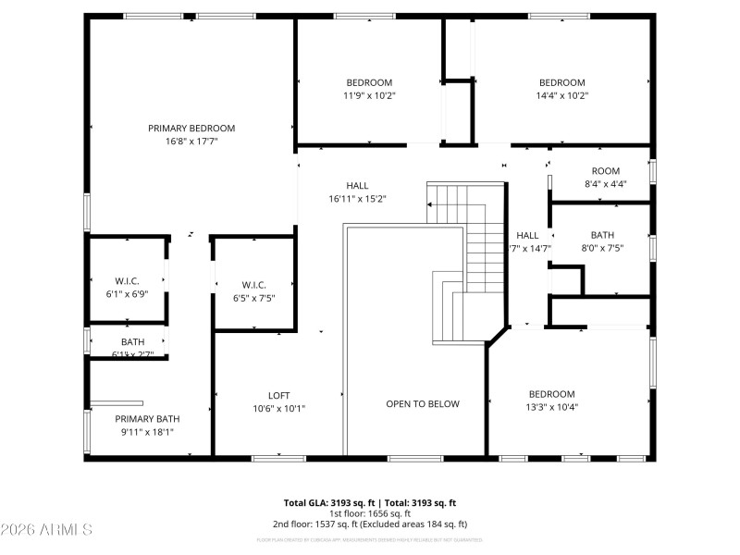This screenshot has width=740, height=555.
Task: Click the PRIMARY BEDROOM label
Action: point(191,129)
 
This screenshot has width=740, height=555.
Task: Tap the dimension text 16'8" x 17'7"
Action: point(191,142)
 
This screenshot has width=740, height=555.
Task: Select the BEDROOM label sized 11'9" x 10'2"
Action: point(369,82)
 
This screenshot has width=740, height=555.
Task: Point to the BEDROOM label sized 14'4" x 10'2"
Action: point(561,82)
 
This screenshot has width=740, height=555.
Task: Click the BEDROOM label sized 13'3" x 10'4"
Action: point(551,393)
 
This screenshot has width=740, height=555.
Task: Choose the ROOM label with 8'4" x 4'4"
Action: point(606,171)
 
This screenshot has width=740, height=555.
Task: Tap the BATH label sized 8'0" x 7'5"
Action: point(602,235)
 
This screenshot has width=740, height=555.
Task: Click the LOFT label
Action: point(278,396)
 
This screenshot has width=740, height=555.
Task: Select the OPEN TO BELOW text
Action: point(422,404)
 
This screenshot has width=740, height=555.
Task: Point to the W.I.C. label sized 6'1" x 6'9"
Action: point(126,281)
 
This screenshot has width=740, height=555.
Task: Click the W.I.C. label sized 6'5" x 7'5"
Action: point(253,285)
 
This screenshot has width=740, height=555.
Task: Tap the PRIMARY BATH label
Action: point(147,419)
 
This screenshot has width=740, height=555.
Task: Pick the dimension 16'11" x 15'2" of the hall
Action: point(357,198)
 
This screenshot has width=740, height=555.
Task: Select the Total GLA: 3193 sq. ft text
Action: point(326,503)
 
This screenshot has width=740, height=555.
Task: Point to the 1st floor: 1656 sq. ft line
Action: point(370,513)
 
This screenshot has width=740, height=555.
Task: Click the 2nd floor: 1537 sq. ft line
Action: point(370,524)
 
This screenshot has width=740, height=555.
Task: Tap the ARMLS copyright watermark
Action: point(46,530)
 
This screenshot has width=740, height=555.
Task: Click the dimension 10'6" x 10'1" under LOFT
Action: point(278,409)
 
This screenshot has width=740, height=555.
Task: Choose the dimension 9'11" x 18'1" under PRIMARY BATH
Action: point(147,432)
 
